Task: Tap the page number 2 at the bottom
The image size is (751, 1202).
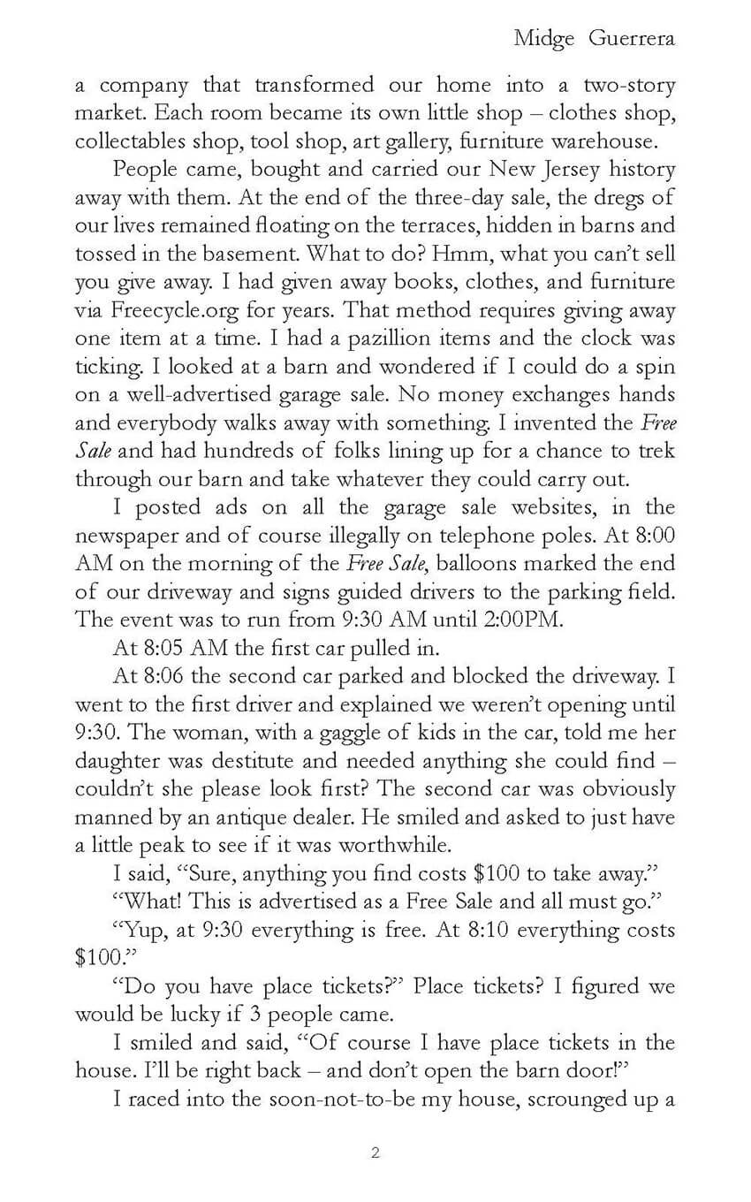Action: pos(375,1153)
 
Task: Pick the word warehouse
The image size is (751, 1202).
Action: pos(611,141)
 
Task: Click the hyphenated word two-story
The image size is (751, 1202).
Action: pos(629,86)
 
